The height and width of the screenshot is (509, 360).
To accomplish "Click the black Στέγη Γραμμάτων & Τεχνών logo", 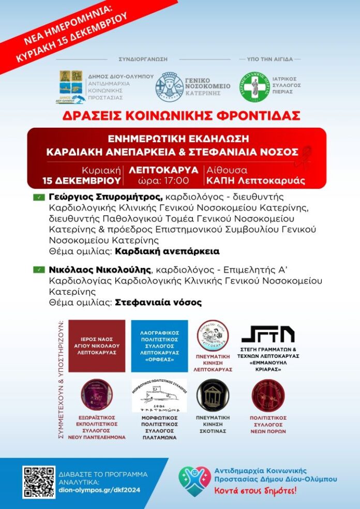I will pyautogui.click(x=268, y=334).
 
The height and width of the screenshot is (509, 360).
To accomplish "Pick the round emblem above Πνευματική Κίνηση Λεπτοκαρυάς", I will pyautogui.click(x=213, y=336).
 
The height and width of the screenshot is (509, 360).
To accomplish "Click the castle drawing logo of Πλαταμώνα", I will pyautogui.click(x=159, y=396).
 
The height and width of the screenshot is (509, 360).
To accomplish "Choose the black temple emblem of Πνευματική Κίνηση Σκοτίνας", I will pyautogui.click(x=213, y=395).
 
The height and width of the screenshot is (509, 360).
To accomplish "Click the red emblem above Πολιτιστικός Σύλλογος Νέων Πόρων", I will pyautogui.click(x=267, y=396).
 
